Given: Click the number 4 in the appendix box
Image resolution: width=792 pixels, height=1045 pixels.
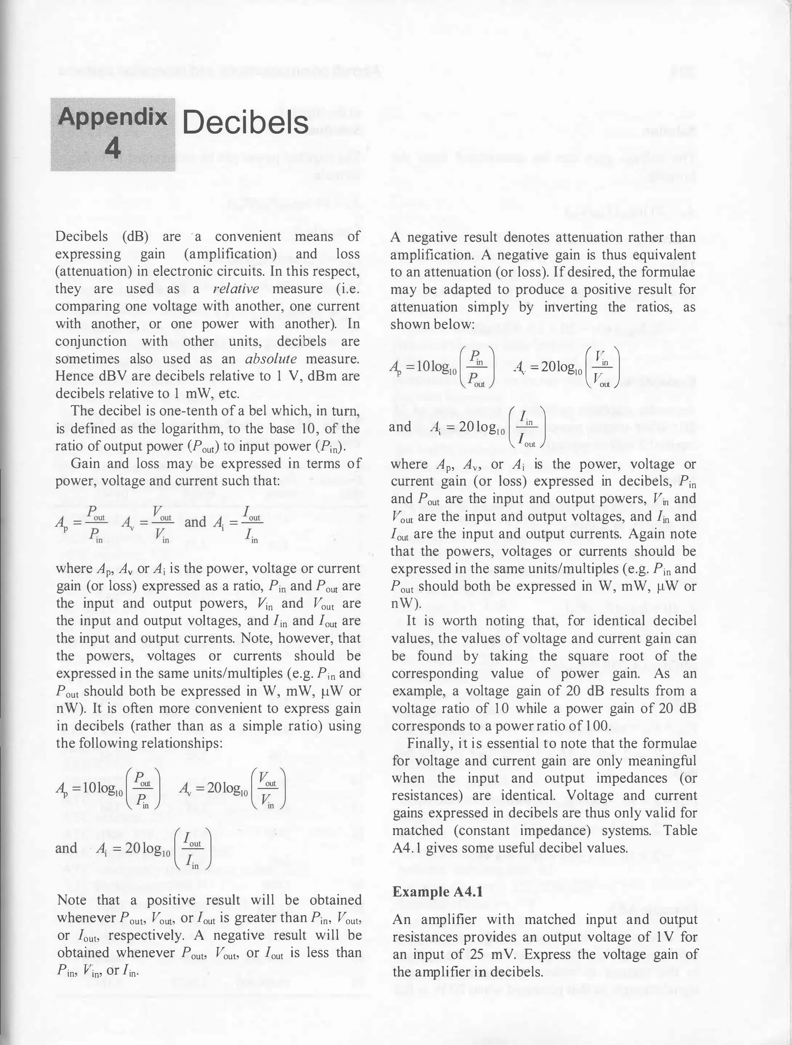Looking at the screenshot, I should pos(113,149).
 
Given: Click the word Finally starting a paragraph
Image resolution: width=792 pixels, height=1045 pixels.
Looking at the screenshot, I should pos(428,743).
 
